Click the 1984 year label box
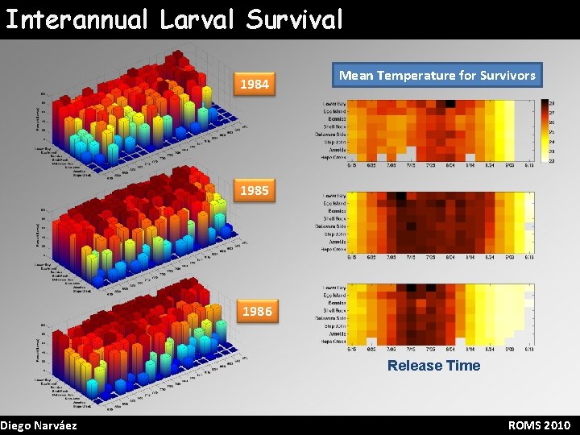[255, 83]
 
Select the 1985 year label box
[255, 192]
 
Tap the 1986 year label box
[256, 310]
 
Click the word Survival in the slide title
[295, 19]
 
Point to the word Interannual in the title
[77, 19]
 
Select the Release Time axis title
[433, 366]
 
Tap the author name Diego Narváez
[39, 425]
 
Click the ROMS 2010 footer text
[539, 425]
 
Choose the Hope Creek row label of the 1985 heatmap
[335, 250]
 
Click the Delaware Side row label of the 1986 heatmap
[333, 319]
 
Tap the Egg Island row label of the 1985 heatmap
[335, 204]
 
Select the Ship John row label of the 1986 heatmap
[335, 326]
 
